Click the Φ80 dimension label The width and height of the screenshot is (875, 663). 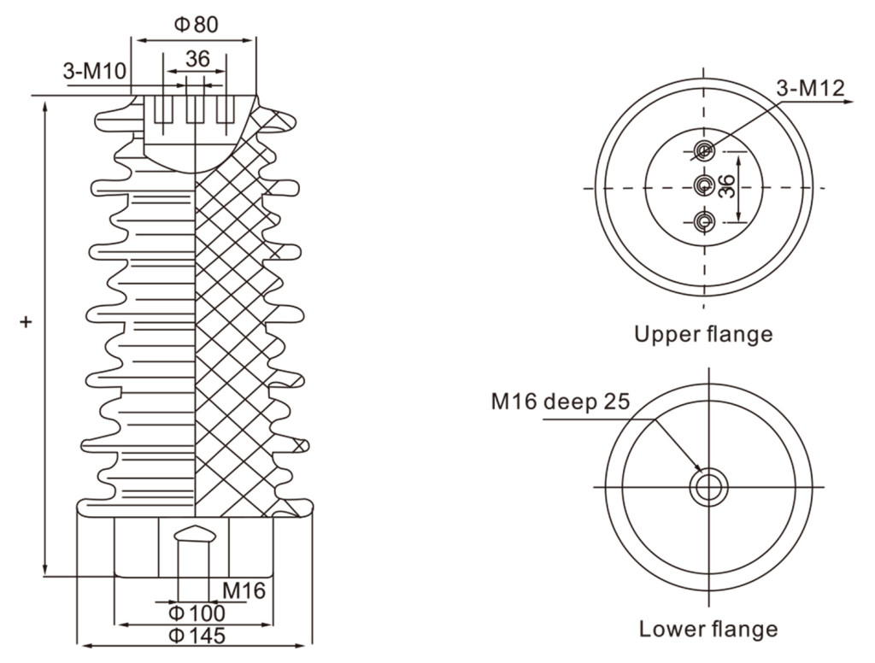coord(196,25)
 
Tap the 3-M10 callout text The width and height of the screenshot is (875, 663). coord(96,72)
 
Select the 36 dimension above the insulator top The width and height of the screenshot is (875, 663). coord(197,59)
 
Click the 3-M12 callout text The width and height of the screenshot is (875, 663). coord(811,88)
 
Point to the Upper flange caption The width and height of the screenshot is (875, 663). coord(704,334)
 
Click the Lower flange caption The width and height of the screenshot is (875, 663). coord(708,629)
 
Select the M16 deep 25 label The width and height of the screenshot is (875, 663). coord(561,401)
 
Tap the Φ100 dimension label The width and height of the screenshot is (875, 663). coord(197,613)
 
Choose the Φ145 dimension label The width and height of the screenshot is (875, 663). coord(197,636)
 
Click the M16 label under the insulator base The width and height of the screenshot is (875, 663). coord(244,590)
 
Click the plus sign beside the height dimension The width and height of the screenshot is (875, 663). coord(26,322)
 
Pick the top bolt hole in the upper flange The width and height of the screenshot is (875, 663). coord(704,150)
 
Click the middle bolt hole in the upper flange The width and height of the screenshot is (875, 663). coord(704,185)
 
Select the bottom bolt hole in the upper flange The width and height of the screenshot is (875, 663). coord(704,221)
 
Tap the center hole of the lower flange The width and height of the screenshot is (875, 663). coord(708,487)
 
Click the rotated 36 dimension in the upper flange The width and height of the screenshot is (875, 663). coord(726,186)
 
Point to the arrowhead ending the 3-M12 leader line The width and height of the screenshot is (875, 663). coord(849,102)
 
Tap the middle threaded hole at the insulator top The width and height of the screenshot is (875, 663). coord(195,109)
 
